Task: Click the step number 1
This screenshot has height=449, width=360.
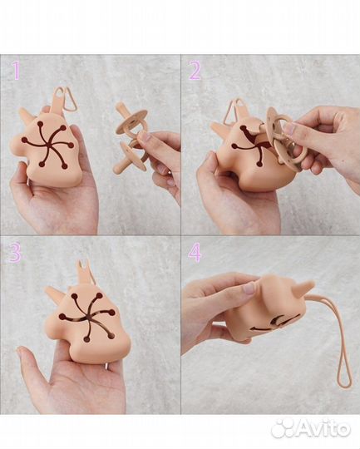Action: pyautogui.click(x=16, y=71)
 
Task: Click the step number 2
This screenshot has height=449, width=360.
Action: pyautogui.click(x=195, y=71)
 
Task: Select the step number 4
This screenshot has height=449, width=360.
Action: pyautogui.click(x=195, y=252)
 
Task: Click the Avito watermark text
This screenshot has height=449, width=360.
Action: pyautogui.click(x=323, y=428)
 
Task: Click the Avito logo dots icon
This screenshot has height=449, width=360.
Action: pyautogui.click(x=283, y=428)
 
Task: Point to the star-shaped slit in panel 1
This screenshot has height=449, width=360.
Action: pyautogui.click(x=48, y=144)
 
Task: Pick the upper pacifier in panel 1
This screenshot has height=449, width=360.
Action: pyautogui.click(x=130, y=121)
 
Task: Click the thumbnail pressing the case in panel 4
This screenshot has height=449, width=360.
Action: pyautogui.click(x=249, y=288)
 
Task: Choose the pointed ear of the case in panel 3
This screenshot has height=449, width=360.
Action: pyautogui.click(x=53, y=293)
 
